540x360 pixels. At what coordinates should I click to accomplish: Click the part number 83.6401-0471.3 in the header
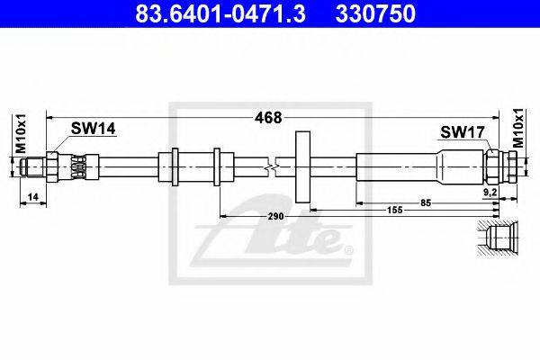click(x=220, y=13)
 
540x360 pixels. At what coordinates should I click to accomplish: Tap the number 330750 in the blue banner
click(x=375, y=13)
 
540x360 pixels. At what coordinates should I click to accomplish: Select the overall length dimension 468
click(x=268, y=118)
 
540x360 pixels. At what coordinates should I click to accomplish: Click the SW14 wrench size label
click(x=93, y=129)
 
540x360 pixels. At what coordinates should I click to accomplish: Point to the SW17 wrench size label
click(x=463, y=132)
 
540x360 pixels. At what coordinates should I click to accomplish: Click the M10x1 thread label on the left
click(x=21, y=134)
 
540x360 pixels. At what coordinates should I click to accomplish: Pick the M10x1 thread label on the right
click(x=518, y=128)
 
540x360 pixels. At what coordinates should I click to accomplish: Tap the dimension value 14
click(x=32, y=197)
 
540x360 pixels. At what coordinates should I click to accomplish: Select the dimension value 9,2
click(x=490, y=193)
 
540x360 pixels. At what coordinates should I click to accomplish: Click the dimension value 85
click(x=426, y=202)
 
